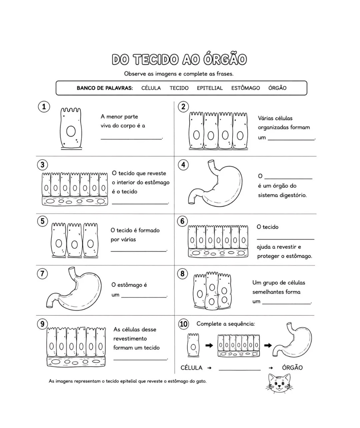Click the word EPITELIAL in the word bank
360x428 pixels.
pos(210,88)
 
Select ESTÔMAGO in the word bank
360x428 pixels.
pos(245,88)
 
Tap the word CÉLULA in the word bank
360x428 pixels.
pos(151,88)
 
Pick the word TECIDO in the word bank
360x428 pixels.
pos(179,88)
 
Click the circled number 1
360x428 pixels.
pos(44,107)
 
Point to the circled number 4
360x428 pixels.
pos(183,164)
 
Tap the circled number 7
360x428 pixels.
pos(42,274)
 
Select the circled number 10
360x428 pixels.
pos(183,324)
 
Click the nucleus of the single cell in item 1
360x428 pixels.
pos(71,131)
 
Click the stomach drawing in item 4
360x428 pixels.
pos(229,188)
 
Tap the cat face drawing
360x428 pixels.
pos(279,383)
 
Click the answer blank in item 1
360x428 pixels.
pos(131,139)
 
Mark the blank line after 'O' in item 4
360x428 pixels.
pos(288,179)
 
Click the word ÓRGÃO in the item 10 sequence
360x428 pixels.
pos(292,368)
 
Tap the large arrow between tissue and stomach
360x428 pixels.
pos(268,345)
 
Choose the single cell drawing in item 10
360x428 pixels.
pos(193,345)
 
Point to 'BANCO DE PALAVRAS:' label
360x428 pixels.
pos(105,88)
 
